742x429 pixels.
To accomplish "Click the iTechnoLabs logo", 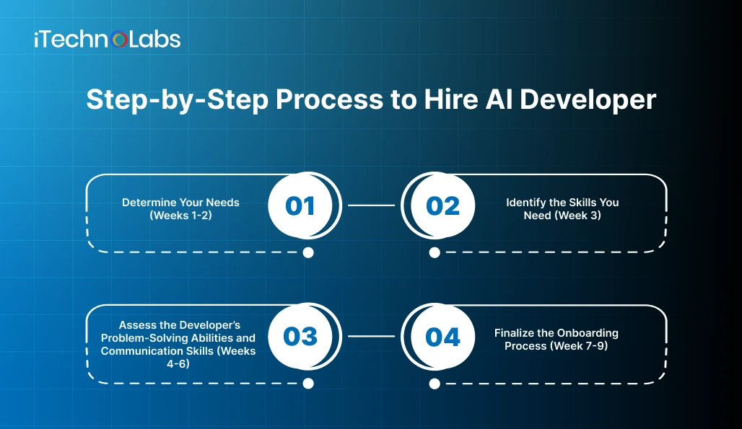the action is pos(108,40).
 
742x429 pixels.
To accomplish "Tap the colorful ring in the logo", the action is pos(119,40).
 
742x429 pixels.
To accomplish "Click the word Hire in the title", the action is pos(451,99).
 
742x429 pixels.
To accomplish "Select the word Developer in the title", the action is pos(588,100).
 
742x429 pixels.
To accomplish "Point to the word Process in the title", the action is pos(329,100).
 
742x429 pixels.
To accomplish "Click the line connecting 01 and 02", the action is pos(372,205).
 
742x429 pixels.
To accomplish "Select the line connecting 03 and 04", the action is pos(372,337).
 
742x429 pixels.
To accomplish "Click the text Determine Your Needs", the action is pos(180,203).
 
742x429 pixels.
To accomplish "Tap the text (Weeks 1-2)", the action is pos(180,216).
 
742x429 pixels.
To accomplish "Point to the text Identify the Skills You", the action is pos(562,203).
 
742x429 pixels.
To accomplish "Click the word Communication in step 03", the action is pos(138,351).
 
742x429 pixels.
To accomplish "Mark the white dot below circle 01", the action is pos(308,253).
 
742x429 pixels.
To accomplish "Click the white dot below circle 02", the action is pos(435,253).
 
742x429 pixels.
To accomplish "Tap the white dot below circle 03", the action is pos(308,384).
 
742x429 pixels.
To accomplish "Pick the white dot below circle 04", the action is pos(435,384).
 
